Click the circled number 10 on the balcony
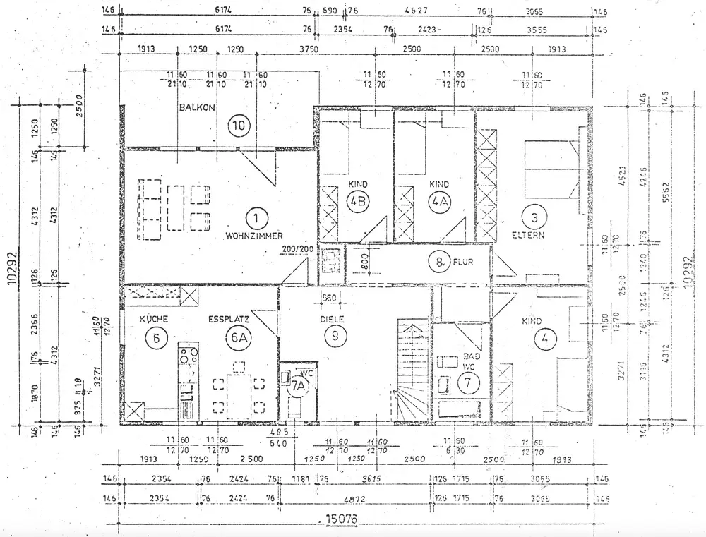239,126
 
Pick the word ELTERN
529,234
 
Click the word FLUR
462,264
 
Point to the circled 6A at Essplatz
240,339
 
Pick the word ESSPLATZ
226,320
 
